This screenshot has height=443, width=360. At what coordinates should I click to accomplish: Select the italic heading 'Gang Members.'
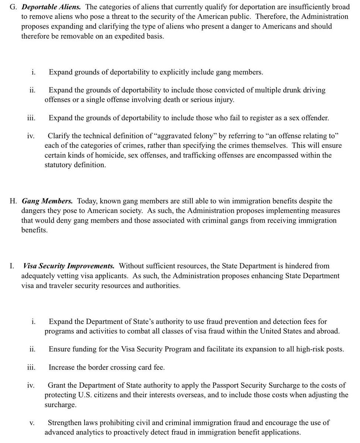click(x=47, y=201)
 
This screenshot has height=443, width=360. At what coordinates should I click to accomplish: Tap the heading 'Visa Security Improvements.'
click(x=69, y=266)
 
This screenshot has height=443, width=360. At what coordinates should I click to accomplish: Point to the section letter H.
click(x=13, y=201)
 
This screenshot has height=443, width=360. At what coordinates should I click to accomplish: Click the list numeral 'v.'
click(x=32, y=423)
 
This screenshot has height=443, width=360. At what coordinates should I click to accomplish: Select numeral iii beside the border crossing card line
click(x=31, y=367)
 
